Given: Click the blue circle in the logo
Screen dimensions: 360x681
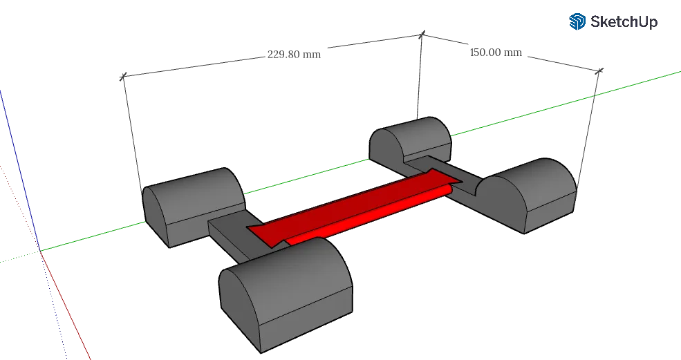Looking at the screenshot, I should pos(577,21).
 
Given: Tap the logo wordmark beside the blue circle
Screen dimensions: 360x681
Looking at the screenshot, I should pos(622,21).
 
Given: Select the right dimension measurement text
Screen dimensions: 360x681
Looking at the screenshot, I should pos(496,52).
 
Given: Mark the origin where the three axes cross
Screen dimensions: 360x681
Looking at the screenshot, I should pos(41,252).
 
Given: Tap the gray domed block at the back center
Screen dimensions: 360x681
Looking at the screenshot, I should pos(411,142).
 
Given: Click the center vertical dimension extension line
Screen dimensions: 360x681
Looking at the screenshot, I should pos(419,76).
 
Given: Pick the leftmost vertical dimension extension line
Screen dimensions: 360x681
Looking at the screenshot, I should pos(131,131).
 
